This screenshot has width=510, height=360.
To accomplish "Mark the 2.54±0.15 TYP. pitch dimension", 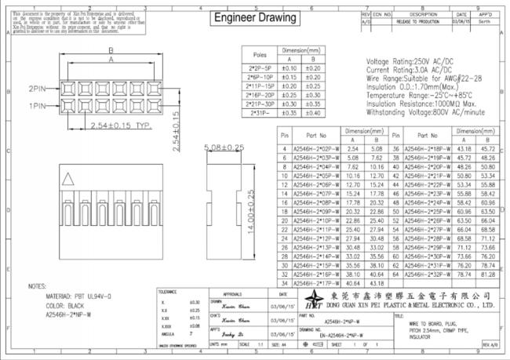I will pos(120,125).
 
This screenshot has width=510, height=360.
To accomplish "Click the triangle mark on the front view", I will pos(71,177).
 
